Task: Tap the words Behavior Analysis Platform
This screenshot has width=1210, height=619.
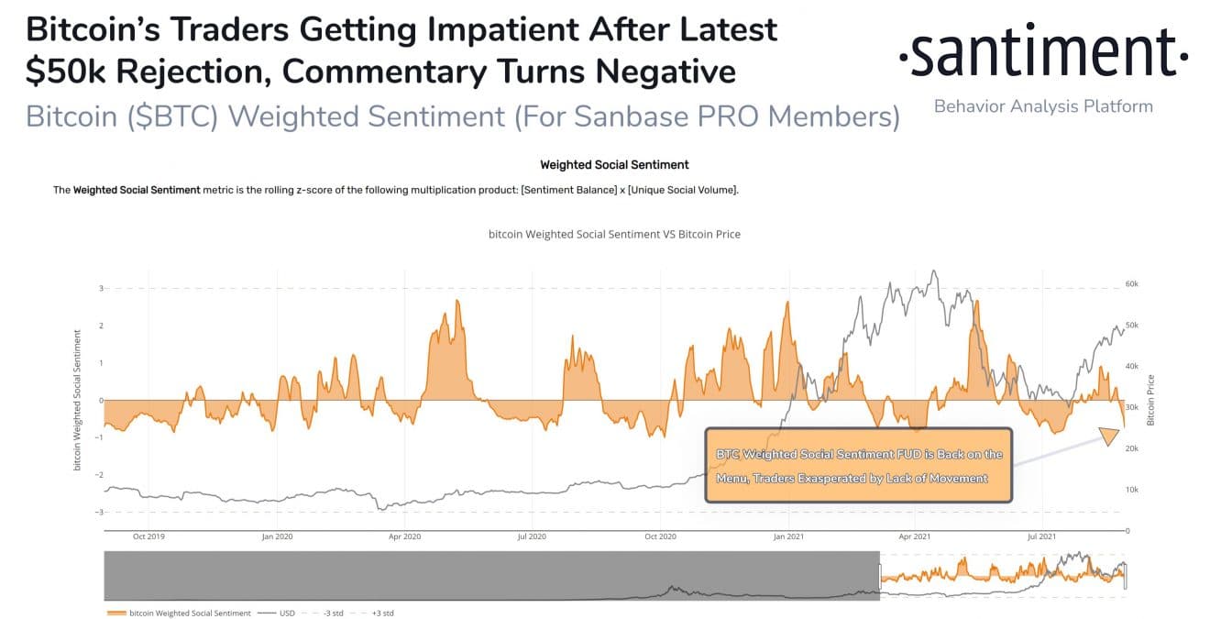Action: tap(1043, 106)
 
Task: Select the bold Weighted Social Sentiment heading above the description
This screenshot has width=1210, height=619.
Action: tap(614, 165)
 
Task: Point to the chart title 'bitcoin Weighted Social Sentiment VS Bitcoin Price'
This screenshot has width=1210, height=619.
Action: tap(614, 234)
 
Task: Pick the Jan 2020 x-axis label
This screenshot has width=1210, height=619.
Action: tap(276, 536)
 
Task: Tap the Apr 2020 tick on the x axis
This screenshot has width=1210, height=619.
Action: tap(404, 536)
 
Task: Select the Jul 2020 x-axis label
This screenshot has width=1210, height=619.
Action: tap(532, 536)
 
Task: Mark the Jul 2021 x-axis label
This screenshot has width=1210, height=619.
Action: tap(1042, 536)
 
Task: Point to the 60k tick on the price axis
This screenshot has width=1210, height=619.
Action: tap(1131, 284)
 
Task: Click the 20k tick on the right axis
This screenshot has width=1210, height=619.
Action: tap(1131, 448)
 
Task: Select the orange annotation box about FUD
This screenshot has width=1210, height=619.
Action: tap(858, 465)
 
